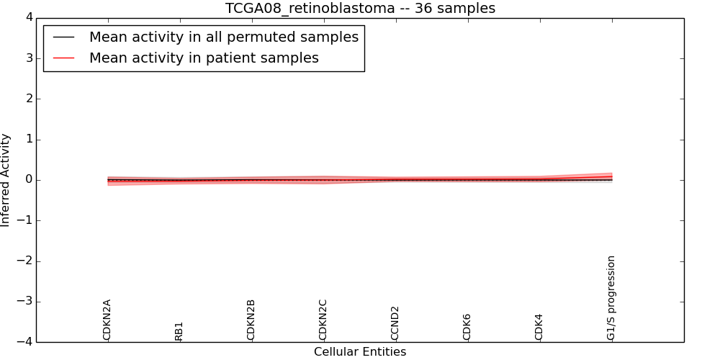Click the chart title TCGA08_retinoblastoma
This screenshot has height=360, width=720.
tap(360, 8)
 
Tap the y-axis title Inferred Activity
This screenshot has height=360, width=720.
tap(6, 180)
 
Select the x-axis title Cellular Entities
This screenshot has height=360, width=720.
tap(360, 352)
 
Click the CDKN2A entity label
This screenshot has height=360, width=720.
tap(107, 320)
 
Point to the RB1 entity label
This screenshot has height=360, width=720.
tap(179, 330)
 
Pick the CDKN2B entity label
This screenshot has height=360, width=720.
tap(251, 320)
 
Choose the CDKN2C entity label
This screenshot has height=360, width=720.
tap(323, 320)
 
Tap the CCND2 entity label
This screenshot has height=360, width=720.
tap(395, 323)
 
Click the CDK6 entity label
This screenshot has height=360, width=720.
tap(467, 326)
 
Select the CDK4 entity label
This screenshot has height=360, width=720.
tap(539, 326)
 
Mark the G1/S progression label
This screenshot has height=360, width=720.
tap(611, 297)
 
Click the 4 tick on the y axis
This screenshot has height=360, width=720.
tap(27, 18)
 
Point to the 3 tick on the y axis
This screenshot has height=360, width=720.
tap(27, 58)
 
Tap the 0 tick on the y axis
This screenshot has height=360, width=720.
tap(27, 180)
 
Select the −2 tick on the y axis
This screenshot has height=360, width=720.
tap(24, 261)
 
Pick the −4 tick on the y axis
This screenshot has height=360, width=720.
tap(24, 342)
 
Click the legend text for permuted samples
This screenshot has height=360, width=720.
tap(224, 37)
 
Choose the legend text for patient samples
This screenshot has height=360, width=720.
tap(204, 58)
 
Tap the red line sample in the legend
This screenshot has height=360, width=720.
tap(64, 58)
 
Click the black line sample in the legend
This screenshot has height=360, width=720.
tap(64, 37)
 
